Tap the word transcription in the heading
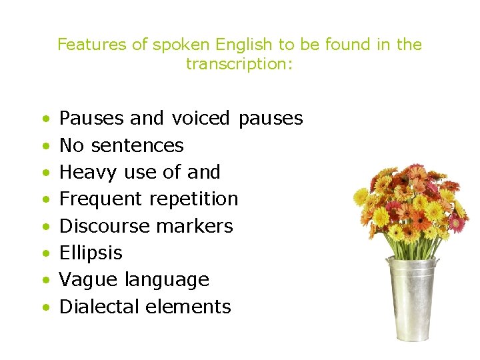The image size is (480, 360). pos(238,64)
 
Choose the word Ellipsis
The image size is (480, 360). pos(91,253)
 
